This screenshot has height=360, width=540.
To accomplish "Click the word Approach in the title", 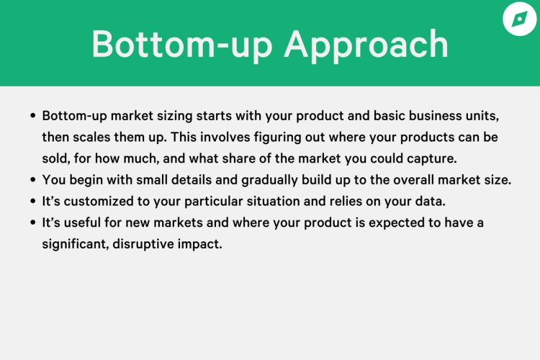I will (366, 45).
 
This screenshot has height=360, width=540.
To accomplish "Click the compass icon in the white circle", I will (520, 19).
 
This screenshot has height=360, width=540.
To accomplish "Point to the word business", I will (401, 116).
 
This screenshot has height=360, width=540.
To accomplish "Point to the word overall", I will (392, 180).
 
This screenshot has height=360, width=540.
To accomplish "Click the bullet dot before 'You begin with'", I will (33, 180).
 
